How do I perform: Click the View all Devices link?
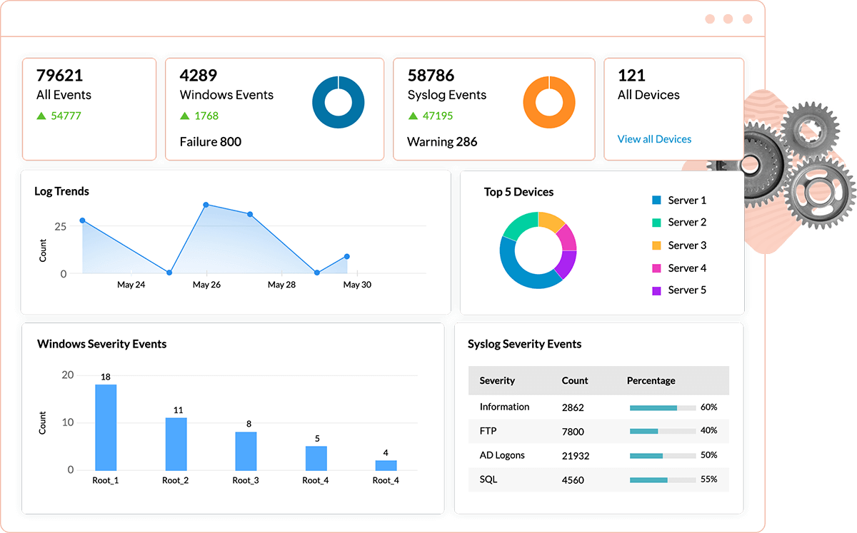point(654,139)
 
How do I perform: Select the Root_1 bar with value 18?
point(106,427)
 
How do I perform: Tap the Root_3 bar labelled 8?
point(246,450)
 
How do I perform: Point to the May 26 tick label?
point(206,285)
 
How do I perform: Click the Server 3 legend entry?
point(686,245)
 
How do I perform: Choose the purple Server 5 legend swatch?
point(657,290)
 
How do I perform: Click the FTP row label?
point(488,431)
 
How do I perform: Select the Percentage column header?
point(651,381)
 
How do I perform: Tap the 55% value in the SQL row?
point(708,479)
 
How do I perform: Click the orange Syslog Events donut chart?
point(548,102)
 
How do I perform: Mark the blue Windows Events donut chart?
point(338,102)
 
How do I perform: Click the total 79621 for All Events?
point(60,76)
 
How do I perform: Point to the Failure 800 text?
point(211,142)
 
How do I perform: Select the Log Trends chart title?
point(62,191)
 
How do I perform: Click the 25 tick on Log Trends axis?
point(60,227)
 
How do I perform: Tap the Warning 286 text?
point(442,142)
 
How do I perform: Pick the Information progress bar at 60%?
point(662,407)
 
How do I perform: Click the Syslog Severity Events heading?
point(524,344)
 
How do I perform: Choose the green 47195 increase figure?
point(437,116)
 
